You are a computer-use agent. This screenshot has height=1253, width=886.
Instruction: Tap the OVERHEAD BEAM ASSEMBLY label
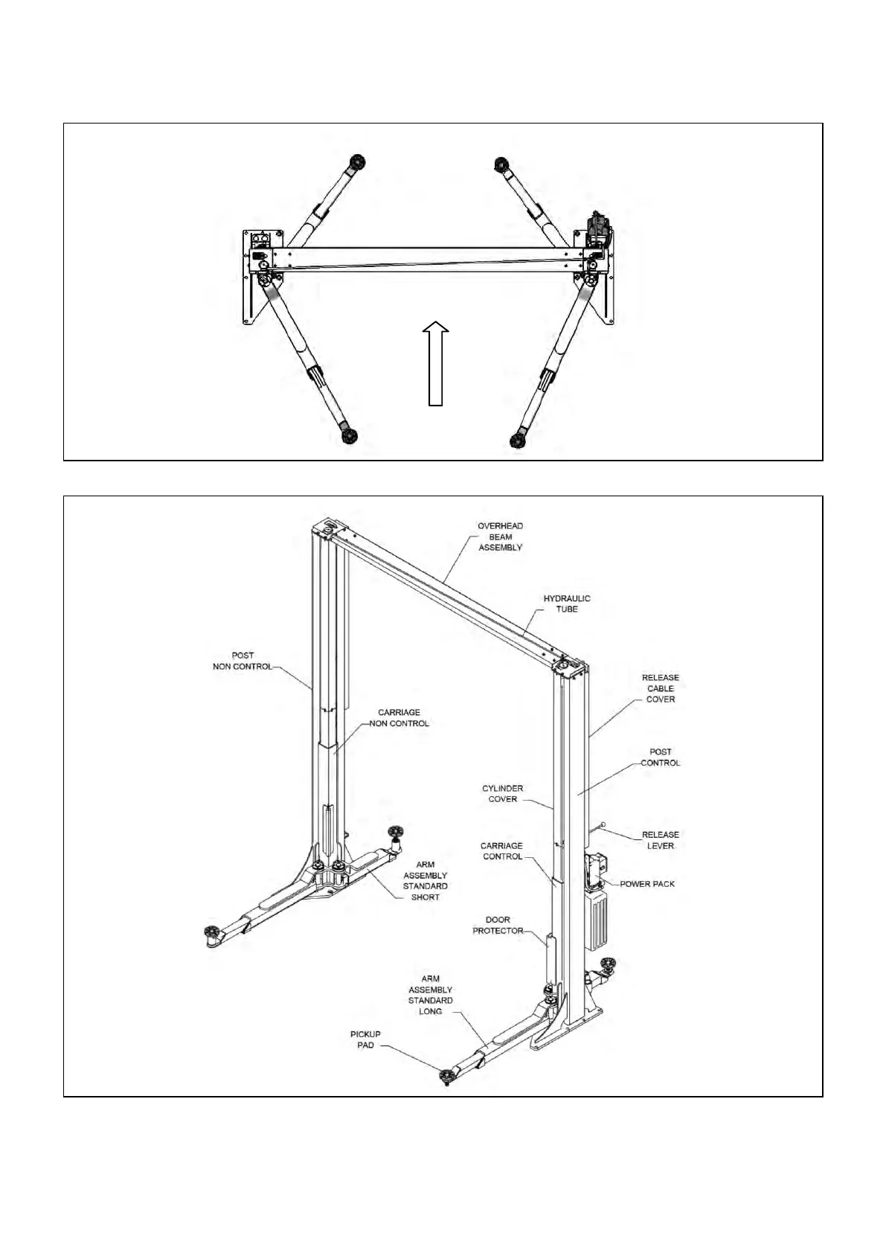(500, 536)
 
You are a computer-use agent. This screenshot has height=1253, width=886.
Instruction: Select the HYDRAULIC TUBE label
(566, 603)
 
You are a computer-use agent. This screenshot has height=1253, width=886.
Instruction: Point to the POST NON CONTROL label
(243, 661)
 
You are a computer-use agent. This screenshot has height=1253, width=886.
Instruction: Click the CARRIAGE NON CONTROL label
(399, 718)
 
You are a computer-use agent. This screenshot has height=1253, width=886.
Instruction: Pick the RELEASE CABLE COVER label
(660, 688)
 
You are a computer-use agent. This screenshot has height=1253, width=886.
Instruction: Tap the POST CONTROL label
(660, 757)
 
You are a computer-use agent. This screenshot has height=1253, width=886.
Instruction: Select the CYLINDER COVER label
(502, 793)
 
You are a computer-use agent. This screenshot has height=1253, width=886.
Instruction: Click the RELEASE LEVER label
(660, 840)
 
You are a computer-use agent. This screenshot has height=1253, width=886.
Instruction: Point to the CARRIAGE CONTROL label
(501, 851)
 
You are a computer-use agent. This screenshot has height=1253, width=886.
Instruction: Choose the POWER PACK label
(647, 884)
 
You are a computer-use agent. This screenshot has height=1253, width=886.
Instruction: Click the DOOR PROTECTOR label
(498, 925)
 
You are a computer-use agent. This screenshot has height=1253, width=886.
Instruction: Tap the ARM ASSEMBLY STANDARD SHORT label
(425, 881)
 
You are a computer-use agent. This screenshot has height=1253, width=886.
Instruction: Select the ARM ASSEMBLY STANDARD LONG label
(430, 995)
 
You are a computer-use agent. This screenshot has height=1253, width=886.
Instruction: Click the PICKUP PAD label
(365, 1039)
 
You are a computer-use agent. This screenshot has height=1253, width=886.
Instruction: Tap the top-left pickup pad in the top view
(358, 161)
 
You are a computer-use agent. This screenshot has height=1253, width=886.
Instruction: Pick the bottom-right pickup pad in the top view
(521, 439)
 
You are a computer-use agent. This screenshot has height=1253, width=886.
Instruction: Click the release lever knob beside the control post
(603, 824)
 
